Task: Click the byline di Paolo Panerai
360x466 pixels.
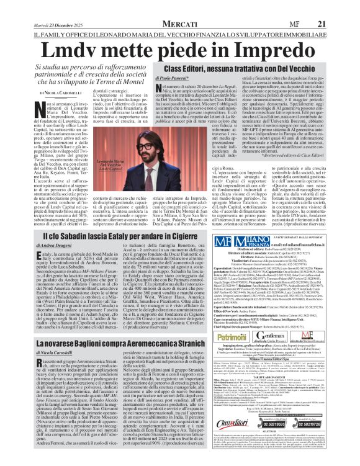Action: click(x=186, y=80)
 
